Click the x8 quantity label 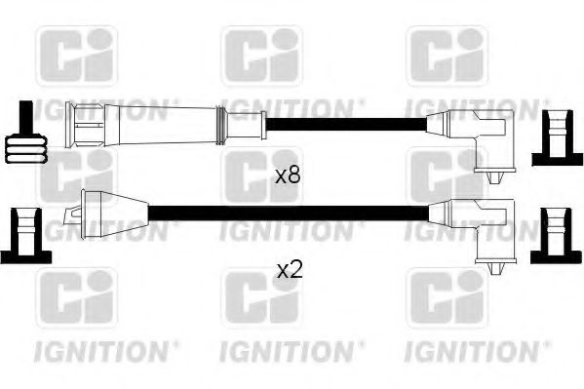click(288, 175)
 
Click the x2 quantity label click(290, 271)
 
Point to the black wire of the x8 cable click(346, 125)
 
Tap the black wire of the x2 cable click(289, 213)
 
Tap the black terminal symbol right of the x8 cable click(557, 138)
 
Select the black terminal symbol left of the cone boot click(25, 236)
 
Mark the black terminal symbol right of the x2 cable click(556, 236)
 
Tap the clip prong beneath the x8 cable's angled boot click(494, 177)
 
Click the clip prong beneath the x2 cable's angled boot click(495, 269)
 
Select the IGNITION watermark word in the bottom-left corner click(102, 351)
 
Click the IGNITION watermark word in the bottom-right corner click(473, 351)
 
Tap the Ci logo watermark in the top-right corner click(448, 56)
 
